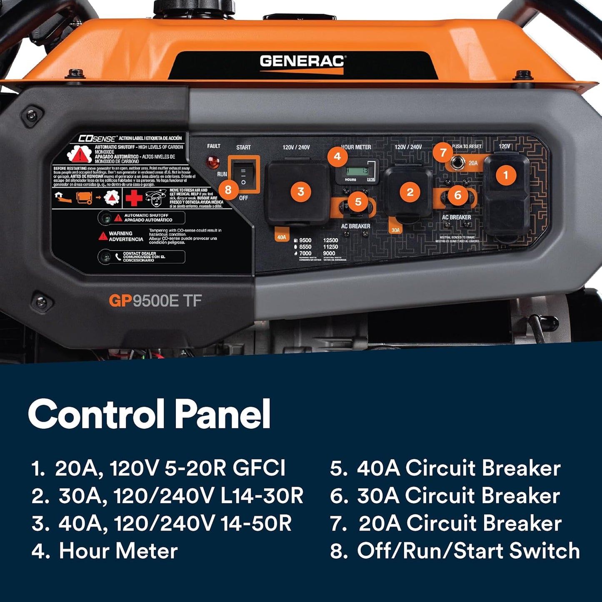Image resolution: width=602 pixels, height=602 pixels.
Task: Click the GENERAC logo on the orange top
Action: [302, 62]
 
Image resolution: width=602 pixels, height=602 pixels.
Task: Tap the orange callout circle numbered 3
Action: [301, 192]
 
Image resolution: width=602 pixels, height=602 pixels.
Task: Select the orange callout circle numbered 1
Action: [506, 175]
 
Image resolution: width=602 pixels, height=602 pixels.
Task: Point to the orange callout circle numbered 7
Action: [443, 152]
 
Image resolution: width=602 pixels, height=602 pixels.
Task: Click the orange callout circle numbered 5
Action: [358, 202]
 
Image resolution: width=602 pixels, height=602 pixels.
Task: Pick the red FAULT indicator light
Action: [213, 162]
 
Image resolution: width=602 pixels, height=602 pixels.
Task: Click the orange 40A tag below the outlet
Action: [282, 237]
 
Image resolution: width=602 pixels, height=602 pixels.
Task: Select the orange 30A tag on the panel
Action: [395, 230]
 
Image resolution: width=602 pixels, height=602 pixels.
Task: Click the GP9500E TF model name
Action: [155, 301]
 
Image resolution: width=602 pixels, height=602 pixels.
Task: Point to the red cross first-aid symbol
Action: [134, 198]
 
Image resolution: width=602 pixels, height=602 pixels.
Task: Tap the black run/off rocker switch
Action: [243, 176]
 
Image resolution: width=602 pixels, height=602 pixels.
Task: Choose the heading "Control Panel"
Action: [149, 414]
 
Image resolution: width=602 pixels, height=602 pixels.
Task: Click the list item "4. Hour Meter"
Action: [105, 551]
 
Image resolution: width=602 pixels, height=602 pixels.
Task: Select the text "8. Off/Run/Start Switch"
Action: [455, 551]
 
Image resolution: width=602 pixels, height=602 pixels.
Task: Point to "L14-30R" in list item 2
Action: [262, 496]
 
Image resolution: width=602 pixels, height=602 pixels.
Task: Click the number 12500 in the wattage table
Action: [330, 240]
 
